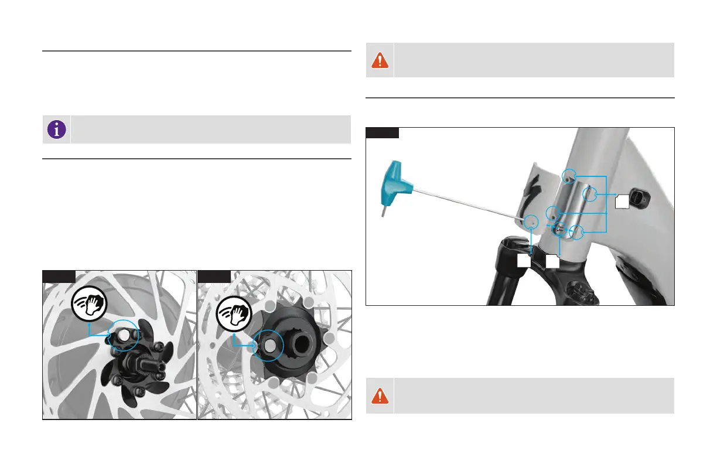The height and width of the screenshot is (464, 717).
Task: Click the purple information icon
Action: [57, 129]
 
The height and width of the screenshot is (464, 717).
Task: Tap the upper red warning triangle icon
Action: [380, 60]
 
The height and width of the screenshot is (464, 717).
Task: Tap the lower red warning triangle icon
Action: [380, 396]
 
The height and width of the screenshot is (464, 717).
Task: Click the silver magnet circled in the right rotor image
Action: [269, 346]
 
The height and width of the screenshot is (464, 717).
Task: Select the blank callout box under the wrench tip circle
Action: [525, 261]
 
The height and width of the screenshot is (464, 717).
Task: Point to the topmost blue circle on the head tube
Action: [568, 175]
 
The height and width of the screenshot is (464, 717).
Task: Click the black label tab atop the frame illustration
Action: [383, 132]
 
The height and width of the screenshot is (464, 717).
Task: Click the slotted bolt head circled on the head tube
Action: [559, 230]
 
